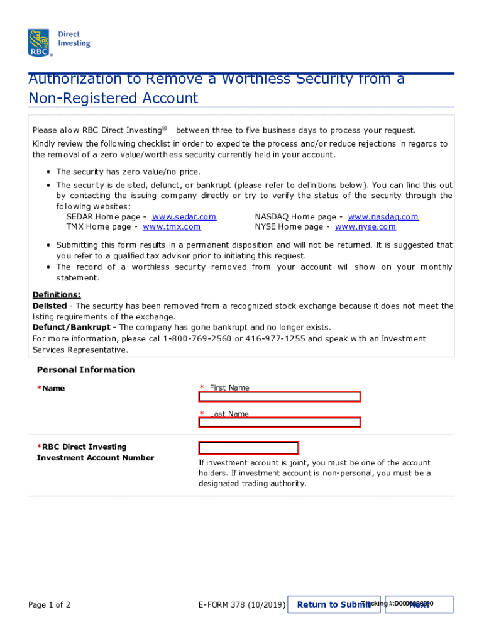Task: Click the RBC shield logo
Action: click(40, 42)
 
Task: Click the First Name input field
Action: click(280, 397)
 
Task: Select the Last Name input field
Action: click(280, 423)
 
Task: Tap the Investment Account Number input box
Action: click(248, 448)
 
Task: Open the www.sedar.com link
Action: click(184, 217)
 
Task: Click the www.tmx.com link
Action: click(172, 227)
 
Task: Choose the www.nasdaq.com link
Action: click(383, 217)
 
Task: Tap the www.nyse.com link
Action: click(365, 227)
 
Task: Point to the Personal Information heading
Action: click(85, 370)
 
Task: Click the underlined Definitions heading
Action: click(57, 295)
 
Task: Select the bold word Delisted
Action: click(49, 306)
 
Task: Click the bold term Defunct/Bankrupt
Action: click(72, 328)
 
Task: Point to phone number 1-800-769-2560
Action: click(197, 339)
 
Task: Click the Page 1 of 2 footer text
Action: click(49, 605)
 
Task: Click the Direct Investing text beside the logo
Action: click(74, 39)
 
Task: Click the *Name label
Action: click(51, 389)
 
